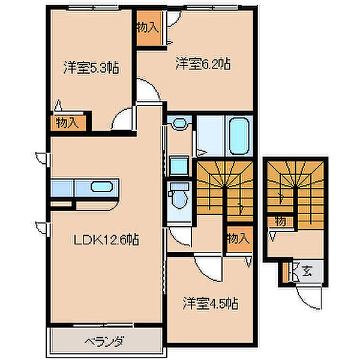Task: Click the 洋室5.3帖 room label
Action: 91,67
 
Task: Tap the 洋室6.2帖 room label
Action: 203,64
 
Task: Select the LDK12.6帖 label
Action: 106,239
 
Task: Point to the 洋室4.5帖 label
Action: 211,303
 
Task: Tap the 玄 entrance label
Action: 307,271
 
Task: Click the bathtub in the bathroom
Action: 239,136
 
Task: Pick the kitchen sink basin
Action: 101,187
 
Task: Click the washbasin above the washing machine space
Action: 180,123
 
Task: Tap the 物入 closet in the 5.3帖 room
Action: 68,123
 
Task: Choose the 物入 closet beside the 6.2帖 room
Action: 149,28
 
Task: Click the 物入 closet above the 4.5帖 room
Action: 239,239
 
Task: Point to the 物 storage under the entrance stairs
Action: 281,221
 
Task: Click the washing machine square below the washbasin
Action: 179,166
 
